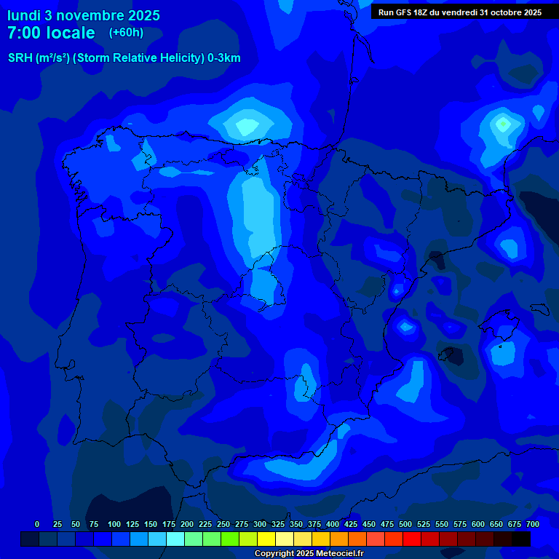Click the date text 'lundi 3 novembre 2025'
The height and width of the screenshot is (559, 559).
(x=84, y=15)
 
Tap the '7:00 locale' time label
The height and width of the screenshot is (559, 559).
(x=51, y=33)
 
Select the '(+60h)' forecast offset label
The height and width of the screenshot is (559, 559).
(x=126, y=33)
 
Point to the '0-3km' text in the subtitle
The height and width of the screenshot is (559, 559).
(x=224, y=58)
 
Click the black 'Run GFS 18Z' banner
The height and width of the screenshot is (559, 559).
(x=459, y=12)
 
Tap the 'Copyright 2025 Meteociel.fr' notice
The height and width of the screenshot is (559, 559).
(x=309, y=553)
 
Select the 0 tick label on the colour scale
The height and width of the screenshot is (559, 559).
(x=37, y=524)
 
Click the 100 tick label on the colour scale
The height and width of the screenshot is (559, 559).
(x=114, y=524)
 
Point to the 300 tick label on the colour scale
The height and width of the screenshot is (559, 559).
(x=260, y=524)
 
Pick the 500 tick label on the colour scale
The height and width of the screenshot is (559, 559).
(x=405, y=524)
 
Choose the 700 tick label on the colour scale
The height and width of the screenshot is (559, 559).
(x=533, y=524)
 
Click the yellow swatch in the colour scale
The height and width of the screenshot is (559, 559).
(x=266, y=539)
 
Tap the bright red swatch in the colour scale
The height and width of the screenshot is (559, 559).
(x=412, y=539)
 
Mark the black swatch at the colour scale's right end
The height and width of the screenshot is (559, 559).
(x=521, y=539)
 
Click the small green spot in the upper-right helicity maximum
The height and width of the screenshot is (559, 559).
(x=503, y=124)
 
